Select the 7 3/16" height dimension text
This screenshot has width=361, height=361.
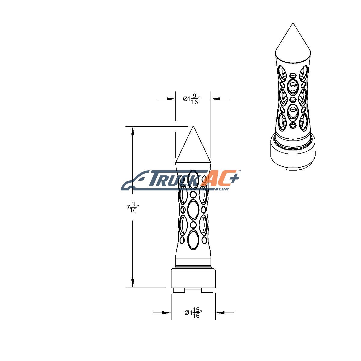click(x=132, y=207)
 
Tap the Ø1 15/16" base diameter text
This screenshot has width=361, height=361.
click(x=193, y=313)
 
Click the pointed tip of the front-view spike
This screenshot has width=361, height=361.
click(x=193, y=126)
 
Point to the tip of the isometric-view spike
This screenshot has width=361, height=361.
click(x=293, y=23)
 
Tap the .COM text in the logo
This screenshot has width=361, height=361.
click(x=223, y=189)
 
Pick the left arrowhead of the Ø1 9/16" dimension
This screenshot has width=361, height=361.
click(x=171, y=99)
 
